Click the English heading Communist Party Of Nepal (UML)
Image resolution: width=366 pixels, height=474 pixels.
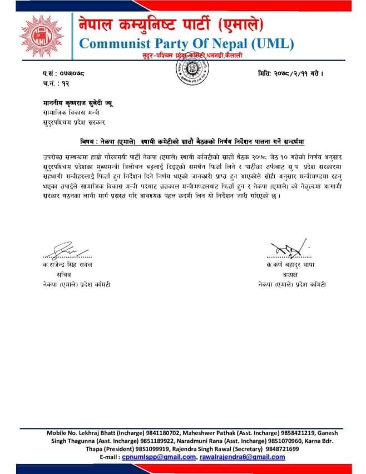click(186, 43)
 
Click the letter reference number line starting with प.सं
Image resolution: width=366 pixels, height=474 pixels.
click(63, 73)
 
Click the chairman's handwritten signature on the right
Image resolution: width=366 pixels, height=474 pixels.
click(288, 249)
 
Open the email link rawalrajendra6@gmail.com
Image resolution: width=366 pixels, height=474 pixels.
click(242, 457)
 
